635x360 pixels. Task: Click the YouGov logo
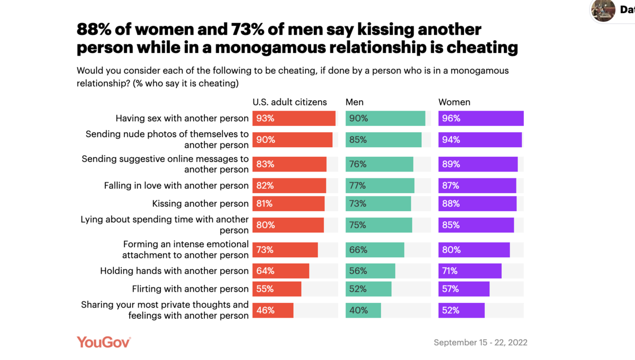pos(104,342)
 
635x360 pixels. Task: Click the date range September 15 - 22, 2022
pos(480,343)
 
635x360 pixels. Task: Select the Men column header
pos(355,102)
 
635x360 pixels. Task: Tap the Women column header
pos(454,102)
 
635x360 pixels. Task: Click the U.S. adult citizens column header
pos(289,102)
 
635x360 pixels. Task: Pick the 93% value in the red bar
pos(265,119)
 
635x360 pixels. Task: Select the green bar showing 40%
pos(363,310)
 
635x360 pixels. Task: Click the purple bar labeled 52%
pos(461,310)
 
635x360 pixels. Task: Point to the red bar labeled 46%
pos(273,310)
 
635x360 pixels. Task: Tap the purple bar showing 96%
pos(480,119)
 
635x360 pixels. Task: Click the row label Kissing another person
pos(200,204)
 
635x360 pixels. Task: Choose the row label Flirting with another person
pos(190,289)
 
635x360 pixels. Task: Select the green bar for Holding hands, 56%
pos(370,271)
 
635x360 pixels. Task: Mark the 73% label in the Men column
pos(358,204)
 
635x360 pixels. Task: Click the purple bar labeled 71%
pos(469,271)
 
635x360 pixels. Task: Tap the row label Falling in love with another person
pos(176,186)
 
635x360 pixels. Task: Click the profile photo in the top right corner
pos(603,10)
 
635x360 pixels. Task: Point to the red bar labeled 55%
pos(277,289)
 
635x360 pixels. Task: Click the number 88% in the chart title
pos(94,29)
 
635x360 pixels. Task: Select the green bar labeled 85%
pos(383,140)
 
